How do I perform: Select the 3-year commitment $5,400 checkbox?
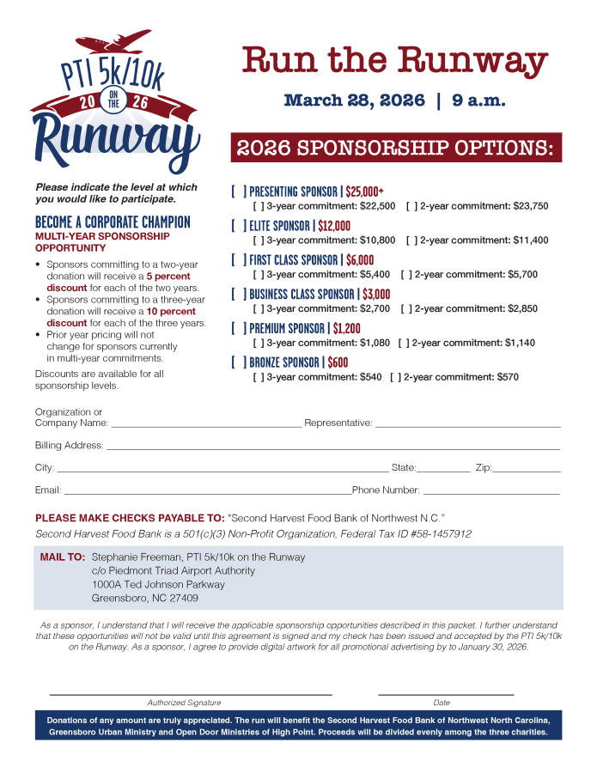[x=258, y=275]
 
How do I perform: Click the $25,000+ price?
[x=364, y=192]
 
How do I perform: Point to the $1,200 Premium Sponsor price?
[x=346, y=328]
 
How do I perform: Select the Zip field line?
[x=526, y=471]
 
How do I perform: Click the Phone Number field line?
[x=490, y=493]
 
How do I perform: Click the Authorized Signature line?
[x=191, y=692]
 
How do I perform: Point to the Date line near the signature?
[x=446, y=692]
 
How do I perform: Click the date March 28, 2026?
[x=354, y=101]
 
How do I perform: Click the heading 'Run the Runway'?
[x=394, y=61]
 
